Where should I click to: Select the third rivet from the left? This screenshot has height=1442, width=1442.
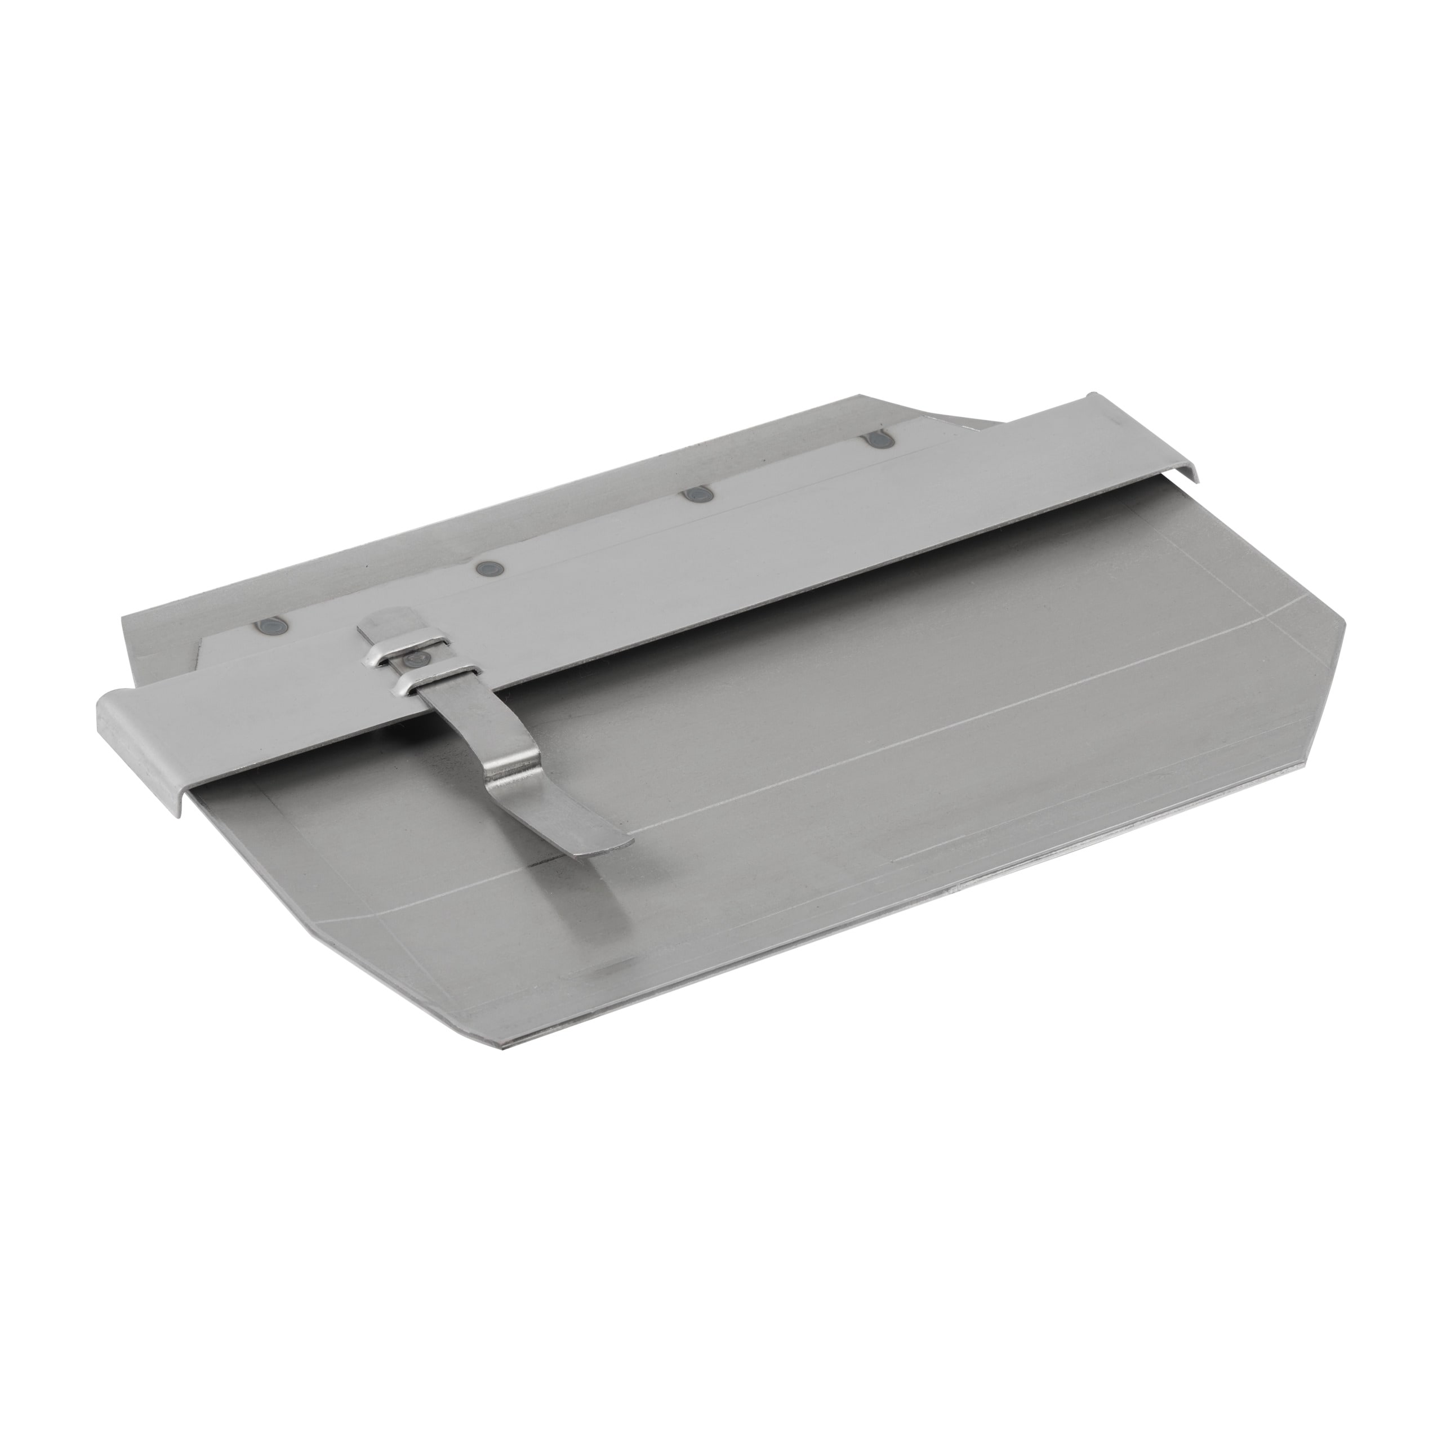click(698, 495)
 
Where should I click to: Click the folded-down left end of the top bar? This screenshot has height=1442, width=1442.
click(142, 746)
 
